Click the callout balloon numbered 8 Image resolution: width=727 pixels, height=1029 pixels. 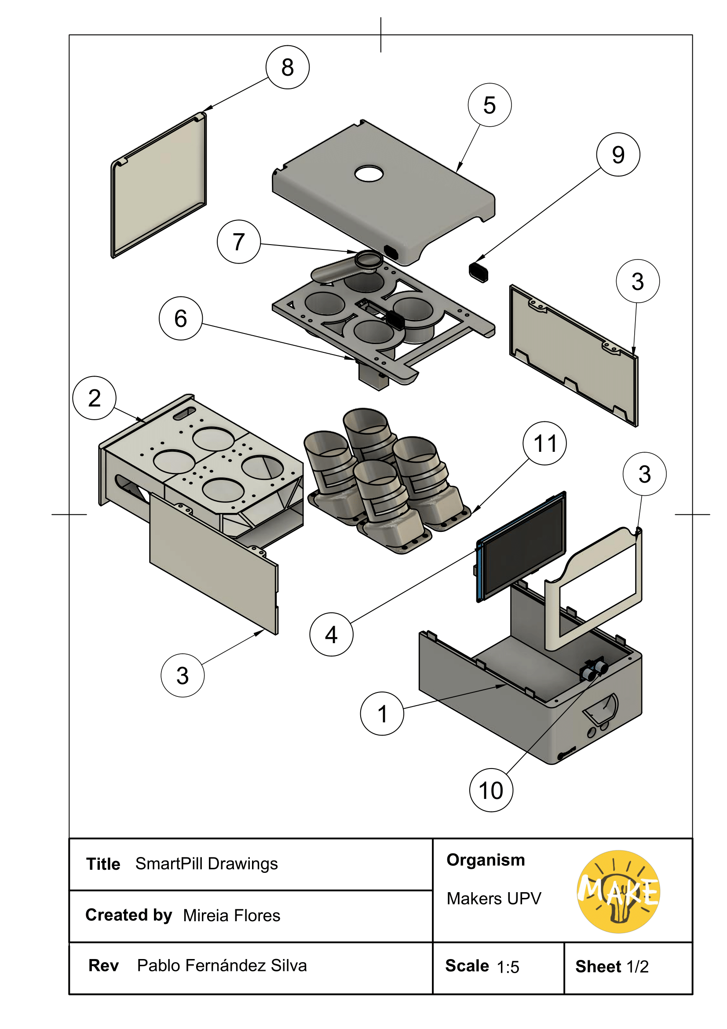[x=287, y=67]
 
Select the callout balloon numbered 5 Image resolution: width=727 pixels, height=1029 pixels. [x=489, y=105]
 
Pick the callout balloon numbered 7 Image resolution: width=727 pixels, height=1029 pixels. [x=239, y=242]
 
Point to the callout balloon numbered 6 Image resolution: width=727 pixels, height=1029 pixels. [x=180, y=318]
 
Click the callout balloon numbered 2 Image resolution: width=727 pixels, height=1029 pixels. [x=94, y=398]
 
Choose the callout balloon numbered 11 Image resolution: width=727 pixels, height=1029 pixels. [x=544, y=443]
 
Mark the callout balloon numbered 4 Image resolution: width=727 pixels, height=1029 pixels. [x=331, y=635]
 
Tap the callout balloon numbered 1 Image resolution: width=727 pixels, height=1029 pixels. [x=382, y=714]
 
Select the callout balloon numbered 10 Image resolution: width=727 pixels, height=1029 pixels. [x=491, y=790]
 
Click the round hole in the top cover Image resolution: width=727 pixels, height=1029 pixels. [x=369, y=173]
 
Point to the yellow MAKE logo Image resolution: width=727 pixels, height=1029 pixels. [x=618, y=891]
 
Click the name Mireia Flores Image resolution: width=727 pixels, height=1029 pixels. [x=232, y=915]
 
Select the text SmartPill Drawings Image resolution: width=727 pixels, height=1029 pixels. [x=207, y=864]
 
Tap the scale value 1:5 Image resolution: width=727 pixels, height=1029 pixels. [x=508, y=967]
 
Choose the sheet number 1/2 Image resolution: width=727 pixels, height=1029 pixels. [x=637, y=967]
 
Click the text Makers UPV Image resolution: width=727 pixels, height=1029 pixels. [x=493, y=899]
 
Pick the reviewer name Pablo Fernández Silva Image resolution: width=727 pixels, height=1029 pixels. [x=222, y=965]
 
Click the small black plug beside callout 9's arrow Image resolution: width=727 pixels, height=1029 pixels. [x=479, y=271]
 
